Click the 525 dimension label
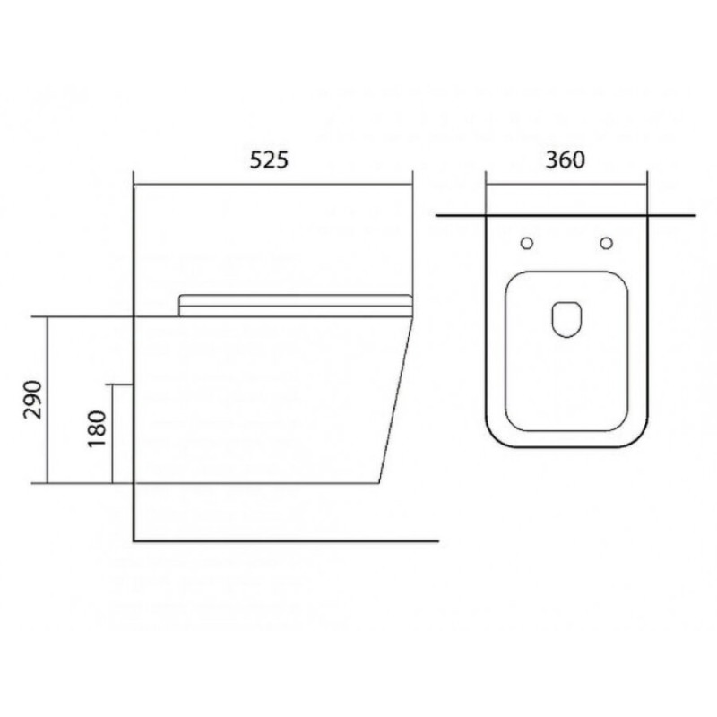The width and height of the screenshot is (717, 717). (x=270, y=160)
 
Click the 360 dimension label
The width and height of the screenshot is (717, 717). (x=566, y=160)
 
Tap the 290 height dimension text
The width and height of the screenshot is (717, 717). (x=33, y=399)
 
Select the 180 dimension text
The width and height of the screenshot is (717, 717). (x=97, y=428)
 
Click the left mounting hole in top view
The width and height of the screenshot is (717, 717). (x=527, y=243)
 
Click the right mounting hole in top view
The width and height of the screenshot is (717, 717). (x=607, y=243)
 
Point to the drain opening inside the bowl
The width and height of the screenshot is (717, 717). (x=567, y=319)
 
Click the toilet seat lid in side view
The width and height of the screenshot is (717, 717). (x=296, y=306)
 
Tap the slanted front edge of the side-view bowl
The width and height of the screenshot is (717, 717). (x=396, y=401)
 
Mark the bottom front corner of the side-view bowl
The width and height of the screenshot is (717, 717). (x=378, y=483)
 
